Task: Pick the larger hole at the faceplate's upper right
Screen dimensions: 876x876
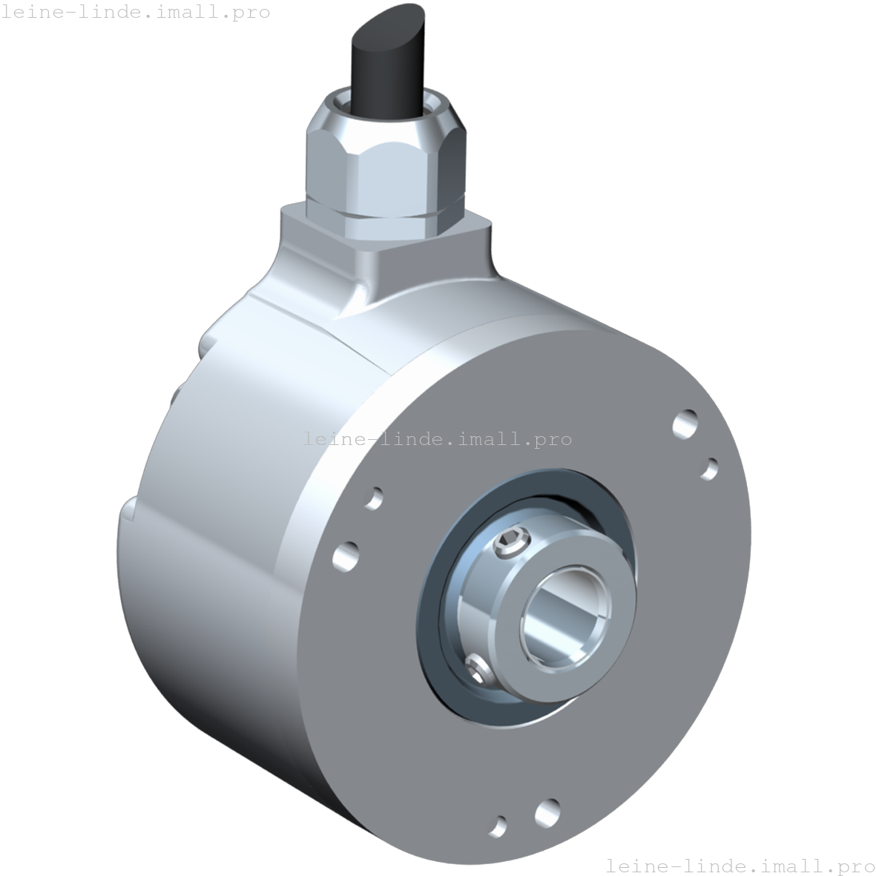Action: tap(685, 424)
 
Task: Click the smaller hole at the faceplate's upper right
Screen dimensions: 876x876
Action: tap(709, 469)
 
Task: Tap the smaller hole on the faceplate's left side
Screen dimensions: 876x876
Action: tap(375, 498)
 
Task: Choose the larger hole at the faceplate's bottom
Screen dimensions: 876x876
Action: tap(547, 811)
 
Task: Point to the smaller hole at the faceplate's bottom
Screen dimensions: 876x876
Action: tap(500, 825)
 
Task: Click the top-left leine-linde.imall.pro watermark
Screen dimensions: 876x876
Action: tap(135, 12)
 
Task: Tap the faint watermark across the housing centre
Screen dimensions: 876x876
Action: tap(438, 439)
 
